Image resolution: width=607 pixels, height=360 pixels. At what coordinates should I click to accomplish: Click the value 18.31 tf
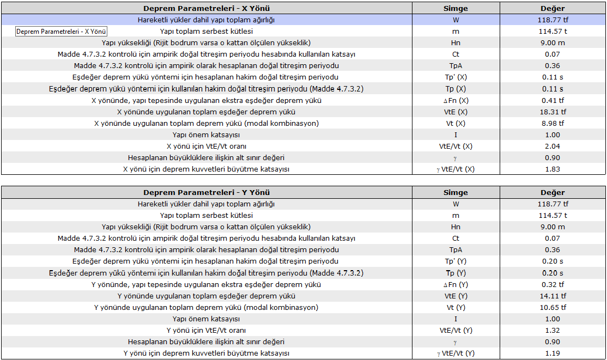click(x=552, y=112)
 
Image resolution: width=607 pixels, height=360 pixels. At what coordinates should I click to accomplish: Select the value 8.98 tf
click(x=552, y=124)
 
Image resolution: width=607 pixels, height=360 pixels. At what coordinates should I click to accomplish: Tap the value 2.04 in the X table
click(x=552, y=147)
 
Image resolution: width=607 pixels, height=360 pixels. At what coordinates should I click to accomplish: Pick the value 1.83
click(x=552, y=169)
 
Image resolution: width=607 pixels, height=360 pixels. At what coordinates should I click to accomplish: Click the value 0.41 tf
click(x=552, y=101)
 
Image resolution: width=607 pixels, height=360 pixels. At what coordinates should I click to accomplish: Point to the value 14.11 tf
click(x=552, y=296)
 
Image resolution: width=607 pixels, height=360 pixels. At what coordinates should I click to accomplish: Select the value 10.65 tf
click(x=552, y=308)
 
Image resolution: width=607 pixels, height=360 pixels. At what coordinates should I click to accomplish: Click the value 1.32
click(x=552, y=331)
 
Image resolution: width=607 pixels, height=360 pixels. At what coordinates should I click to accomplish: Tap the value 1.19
click(x=552, y=353)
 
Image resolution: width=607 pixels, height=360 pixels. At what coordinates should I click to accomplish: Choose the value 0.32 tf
click(x=552, y=285)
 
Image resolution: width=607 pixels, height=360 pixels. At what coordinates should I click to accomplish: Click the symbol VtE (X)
click(x=456, y=112)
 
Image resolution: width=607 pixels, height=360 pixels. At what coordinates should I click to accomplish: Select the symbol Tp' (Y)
click(x=456, y=262)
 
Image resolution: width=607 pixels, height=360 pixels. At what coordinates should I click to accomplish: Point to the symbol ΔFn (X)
click(x=456, y=101)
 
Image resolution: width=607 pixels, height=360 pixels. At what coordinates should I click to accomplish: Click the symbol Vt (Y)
click(x=456, y=308)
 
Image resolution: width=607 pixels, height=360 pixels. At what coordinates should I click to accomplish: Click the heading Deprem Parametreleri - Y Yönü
click(x=207, y=193)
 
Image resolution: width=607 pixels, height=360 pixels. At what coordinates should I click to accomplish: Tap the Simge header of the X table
click(x=456, y=9)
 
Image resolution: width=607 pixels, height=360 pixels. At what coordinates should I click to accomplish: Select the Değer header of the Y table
click(x=552, y=193)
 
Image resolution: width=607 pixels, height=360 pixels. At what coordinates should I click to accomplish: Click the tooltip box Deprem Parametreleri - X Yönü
click(x=61, y=32)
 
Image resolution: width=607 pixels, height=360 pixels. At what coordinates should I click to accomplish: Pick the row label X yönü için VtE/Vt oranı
click(x=207, y=147)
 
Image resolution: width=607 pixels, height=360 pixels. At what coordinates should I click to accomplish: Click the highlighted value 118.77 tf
click(x=552, y=20)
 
